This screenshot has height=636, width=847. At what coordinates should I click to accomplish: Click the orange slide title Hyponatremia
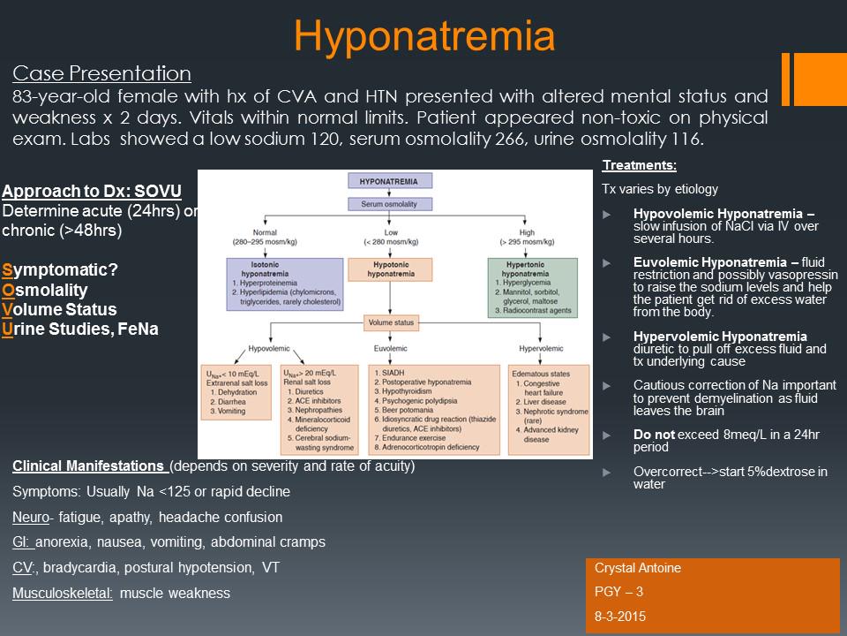pyautogui.click(x=424, y=36)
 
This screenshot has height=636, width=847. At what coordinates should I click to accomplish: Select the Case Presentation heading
pyautogui.click(x=101, y=73)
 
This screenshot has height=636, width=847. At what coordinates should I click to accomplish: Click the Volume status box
pyautogui.click(x=393, y=323)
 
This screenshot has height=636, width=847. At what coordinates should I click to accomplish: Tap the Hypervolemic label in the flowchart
pyautogui.click(x=540, y=347)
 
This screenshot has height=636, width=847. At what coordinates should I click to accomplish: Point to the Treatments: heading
pyautogui.click(x=626, y=165)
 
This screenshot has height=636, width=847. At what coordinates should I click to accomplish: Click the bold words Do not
pyautogui.click(x=654, y=434)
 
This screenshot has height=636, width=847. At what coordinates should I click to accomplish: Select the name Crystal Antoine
pyautogui.click(x=638, y=569)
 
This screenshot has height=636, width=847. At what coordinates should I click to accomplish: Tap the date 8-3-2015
pyautogui.click(x=619, y=617)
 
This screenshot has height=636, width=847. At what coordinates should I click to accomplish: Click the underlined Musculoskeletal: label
pyautogui.click(x=63, y=593)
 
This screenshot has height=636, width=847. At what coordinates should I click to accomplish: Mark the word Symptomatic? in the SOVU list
pyautogui.click(x=62, y=269)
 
